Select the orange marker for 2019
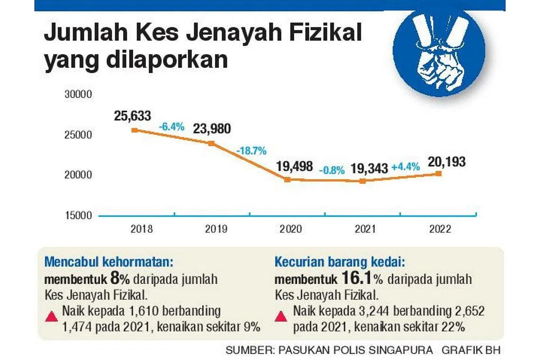(211, 143)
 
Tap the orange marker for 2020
(287, 180)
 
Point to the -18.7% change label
(251, 151)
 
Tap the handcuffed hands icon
(439, 52)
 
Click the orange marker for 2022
(439, 173)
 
